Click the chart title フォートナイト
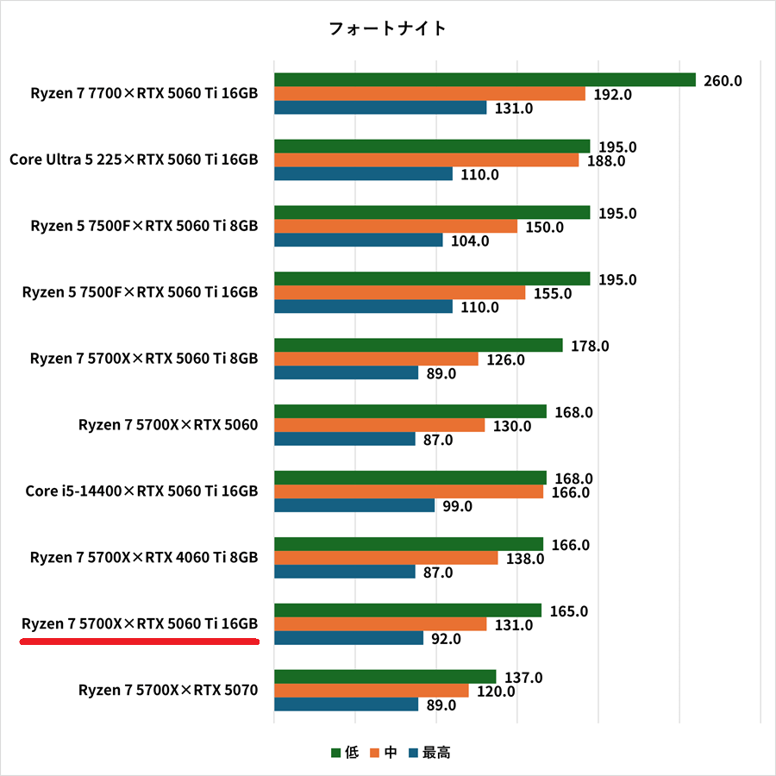(387, 28)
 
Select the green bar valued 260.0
(485, 80)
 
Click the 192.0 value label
(612, 95)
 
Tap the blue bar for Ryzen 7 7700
(380, 108)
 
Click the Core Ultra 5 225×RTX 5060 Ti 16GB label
(134, 160)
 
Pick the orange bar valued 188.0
(427, 160)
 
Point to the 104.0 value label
(469, 241)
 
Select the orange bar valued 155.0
(399, 293)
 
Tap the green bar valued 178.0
(418, 346)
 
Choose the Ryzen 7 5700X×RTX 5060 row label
(168, 425)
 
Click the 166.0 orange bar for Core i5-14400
(409, 492)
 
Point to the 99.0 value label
(457, 507)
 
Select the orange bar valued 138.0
(385, 559)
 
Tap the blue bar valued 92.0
(348, 639)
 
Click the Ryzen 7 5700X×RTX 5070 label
(168, 691)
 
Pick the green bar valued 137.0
(385, 677)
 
